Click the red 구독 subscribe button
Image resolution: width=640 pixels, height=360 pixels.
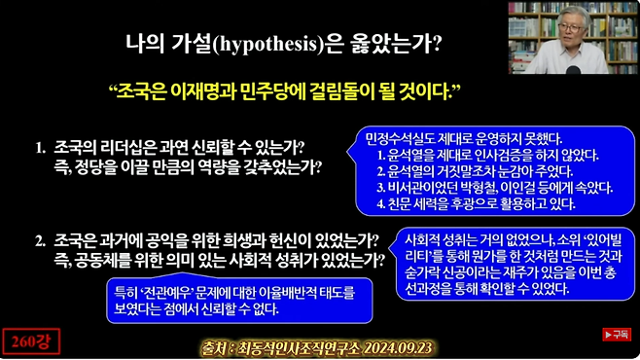coord(615,334)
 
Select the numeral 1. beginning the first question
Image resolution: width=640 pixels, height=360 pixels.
coord(41,148)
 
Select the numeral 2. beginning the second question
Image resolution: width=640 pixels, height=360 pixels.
coord(41,239)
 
